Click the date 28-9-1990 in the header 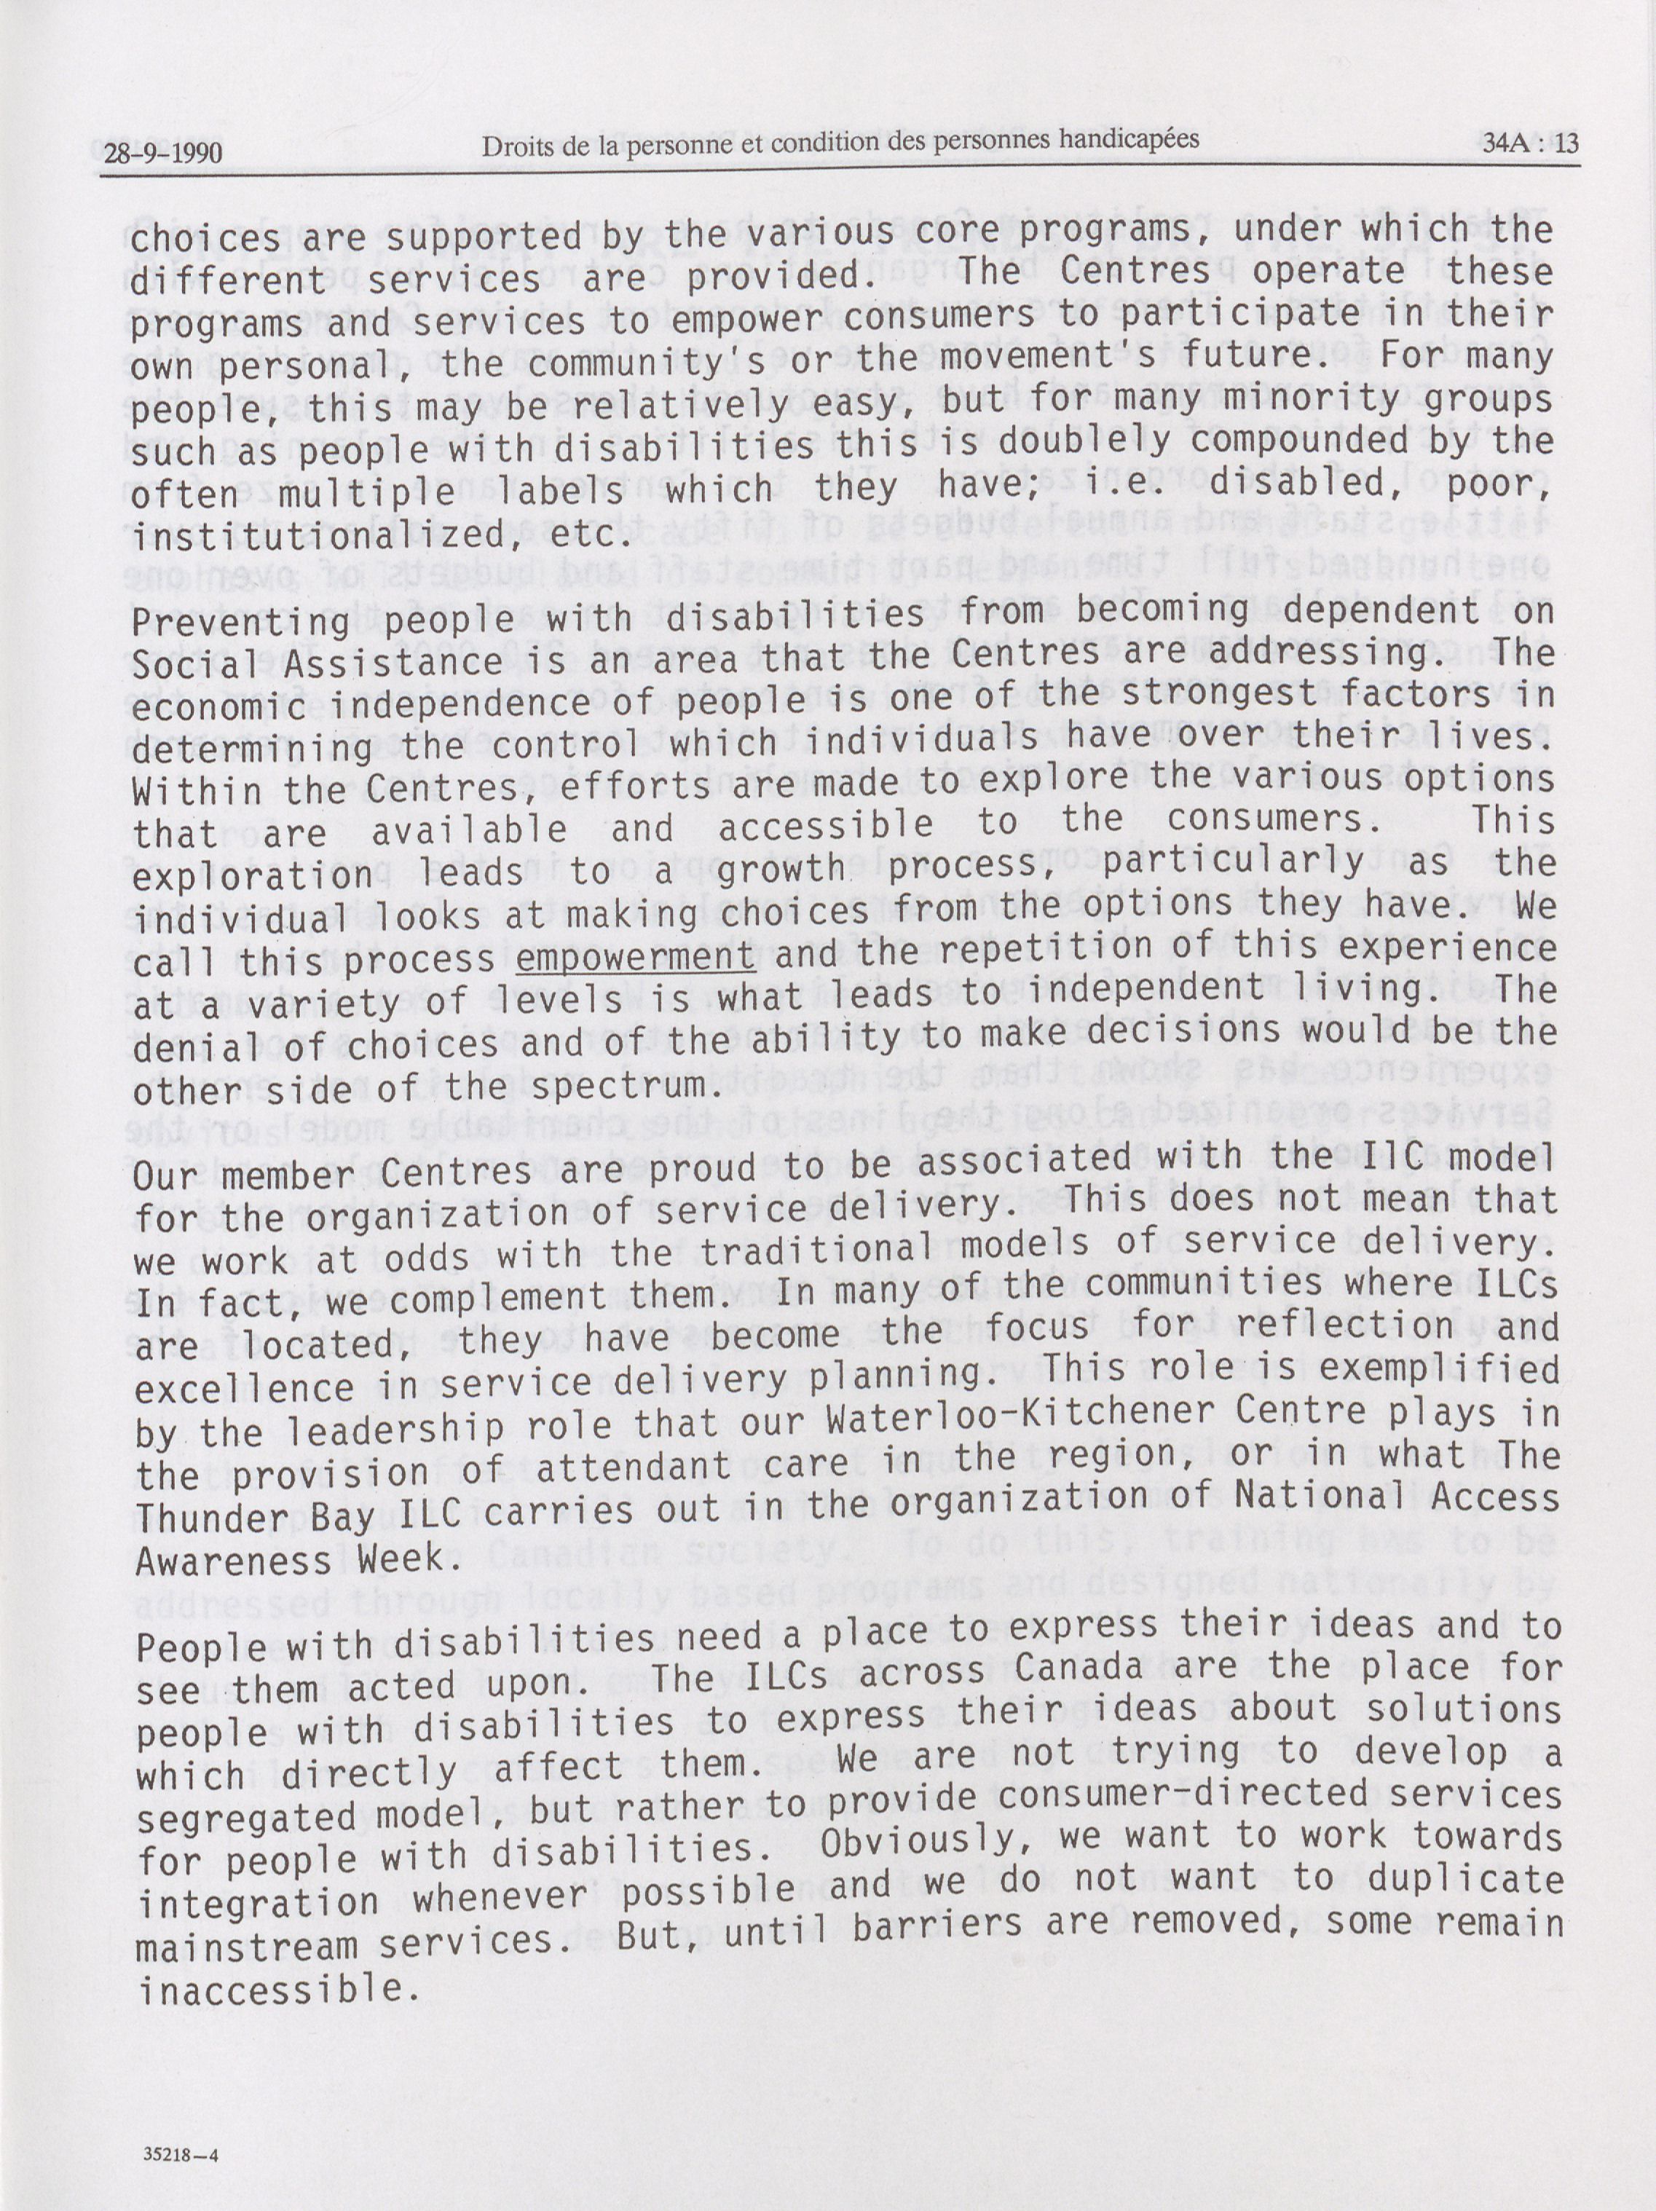[162, 153]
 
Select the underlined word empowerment [636, 958]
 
